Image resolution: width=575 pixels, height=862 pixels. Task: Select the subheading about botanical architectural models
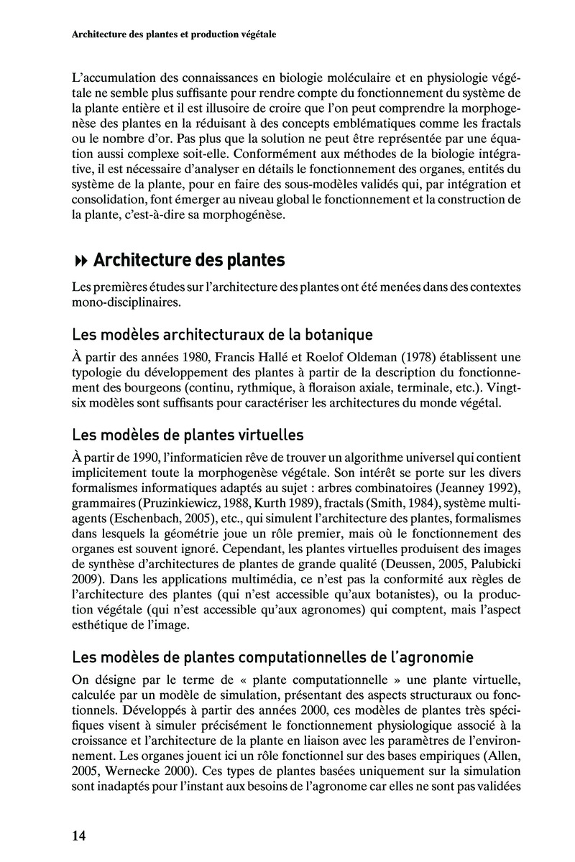pos(223,334)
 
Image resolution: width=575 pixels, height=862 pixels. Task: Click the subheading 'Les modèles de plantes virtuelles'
pos(188,435)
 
